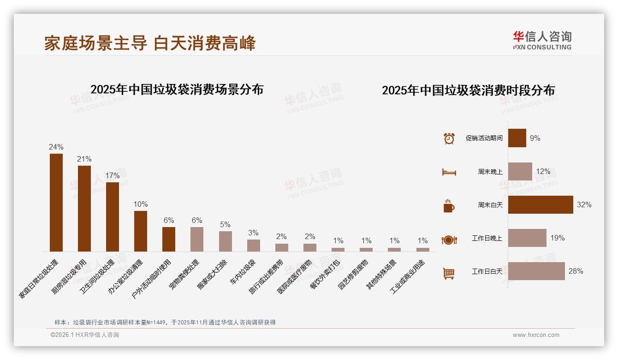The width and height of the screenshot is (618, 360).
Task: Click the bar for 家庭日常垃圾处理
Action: [x=56, y=203]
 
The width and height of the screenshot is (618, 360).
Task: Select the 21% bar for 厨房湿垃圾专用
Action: [x=84, y=209]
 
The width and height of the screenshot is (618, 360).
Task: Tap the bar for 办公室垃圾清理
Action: [x=141, y=231]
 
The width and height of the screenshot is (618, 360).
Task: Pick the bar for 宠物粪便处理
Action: [x=197, y=239]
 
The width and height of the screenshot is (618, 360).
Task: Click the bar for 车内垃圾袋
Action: [x=254, y=246]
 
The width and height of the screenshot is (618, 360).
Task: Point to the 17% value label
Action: [x=113, y=176]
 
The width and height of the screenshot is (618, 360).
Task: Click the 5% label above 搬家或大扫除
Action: [x=225, y=225]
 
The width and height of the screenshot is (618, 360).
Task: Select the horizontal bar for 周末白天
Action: [x=541, y=204]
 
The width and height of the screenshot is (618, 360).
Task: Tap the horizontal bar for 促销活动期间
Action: [x=517, y=138]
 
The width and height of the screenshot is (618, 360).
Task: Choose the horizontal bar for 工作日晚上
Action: [x=527, y=238]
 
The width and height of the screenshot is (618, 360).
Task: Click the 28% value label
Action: [x=576, y=271]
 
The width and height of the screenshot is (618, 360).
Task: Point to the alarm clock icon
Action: [x=449, y=138]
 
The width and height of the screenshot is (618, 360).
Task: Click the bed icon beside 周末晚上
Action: [x=449, y=172]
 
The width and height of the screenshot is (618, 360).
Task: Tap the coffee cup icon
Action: [x=449, y=205]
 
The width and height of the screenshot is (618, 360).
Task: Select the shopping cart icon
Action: [x=449, y=273]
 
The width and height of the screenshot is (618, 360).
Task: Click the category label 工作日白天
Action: [x=487, y=271]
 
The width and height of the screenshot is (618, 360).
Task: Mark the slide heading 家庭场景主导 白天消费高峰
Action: [x=150, y=43]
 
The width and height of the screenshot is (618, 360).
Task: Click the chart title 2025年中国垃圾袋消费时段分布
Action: [x=468, y=90]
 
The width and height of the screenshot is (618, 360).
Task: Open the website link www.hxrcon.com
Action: [x=536, y=335]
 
